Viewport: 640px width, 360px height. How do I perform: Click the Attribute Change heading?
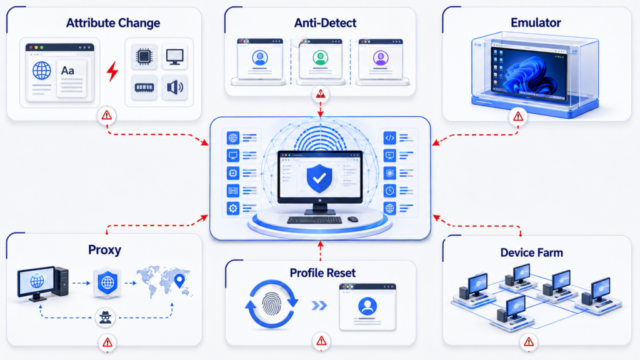[113, 23]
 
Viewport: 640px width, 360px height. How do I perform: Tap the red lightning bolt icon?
[112, 71]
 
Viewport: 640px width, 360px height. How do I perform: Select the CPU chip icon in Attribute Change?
[144, 56]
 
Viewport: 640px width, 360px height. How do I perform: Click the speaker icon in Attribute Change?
[175, 87]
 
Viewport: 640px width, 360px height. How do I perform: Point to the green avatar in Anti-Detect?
[321, 57]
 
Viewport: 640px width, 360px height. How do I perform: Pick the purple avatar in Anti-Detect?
[381, 58]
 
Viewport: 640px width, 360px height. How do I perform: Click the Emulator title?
[536, 22]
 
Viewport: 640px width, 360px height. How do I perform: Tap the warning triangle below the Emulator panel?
[518, 117]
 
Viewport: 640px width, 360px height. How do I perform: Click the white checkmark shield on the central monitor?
[319, 178]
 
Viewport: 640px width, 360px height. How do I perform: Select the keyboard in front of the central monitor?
[314, 220]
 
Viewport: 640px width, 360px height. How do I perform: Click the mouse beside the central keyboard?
[352, 219]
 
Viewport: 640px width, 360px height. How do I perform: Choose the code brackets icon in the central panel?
[390, 138]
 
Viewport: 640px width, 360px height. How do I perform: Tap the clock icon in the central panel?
[390, 191]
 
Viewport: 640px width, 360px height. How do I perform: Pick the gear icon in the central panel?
[233, 209]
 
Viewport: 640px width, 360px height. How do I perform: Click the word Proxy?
[104, 250]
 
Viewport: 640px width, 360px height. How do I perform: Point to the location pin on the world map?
[179, 281]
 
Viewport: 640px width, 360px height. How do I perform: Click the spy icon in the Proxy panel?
[105, 317]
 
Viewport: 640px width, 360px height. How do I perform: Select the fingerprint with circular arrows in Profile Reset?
[271, 304]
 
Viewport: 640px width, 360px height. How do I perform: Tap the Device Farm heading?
[531, 252]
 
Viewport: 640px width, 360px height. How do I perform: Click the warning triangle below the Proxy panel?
[107, 342]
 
